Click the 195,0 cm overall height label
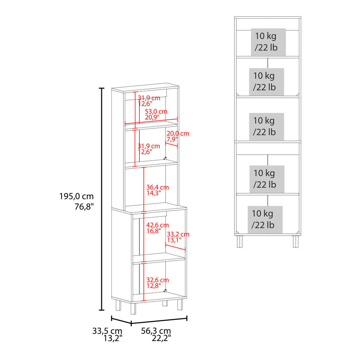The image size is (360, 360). pos(76,196)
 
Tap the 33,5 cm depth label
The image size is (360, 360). pos(107,331)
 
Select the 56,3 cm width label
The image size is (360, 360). pos(156,331)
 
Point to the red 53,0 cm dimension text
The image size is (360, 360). pos(156,111)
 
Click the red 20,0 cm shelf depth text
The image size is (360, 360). pos(178,133)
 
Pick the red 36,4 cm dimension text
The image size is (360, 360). pos(157,187)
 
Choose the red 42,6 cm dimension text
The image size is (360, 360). pos(157,225)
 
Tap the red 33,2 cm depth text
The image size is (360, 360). pos(178,234)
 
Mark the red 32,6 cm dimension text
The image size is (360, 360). pos(157,280)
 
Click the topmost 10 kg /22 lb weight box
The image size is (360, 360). pos(268,42)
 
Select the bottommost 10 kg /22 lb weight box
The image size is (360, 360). pos(265,219)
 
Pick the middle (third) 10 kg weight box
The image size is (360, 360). pos(266,127)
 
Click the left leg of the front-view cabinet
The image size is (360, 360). pos(240,242)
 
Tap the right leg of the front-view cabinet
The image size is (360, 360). pos(296,242)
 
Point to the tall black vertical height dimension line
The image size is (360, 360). pos(102,199)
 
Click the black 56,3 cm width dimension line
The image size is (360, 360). pos(159,321)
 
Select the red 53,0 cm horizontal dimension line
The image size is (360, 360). pos(151,122)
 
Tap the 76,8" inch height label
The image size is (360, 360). pos(84,207)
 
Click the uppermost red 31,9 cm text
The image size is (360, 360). pos(149,98)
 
